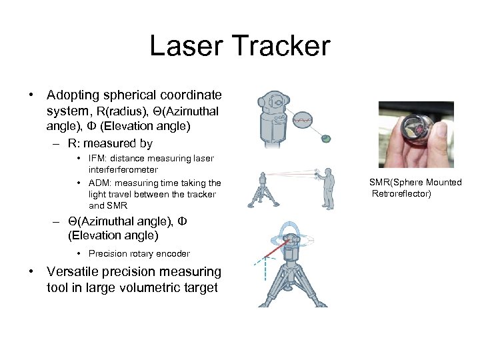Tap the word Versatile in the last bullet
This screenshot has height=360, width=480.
pos(73,272)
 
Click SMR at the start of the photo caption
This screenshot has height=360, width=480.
pos(379,182)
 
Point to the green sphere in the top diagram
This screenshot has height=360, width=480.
pos(325,138)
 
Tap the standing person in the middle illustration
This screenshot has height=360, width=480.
pos(327,189)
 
